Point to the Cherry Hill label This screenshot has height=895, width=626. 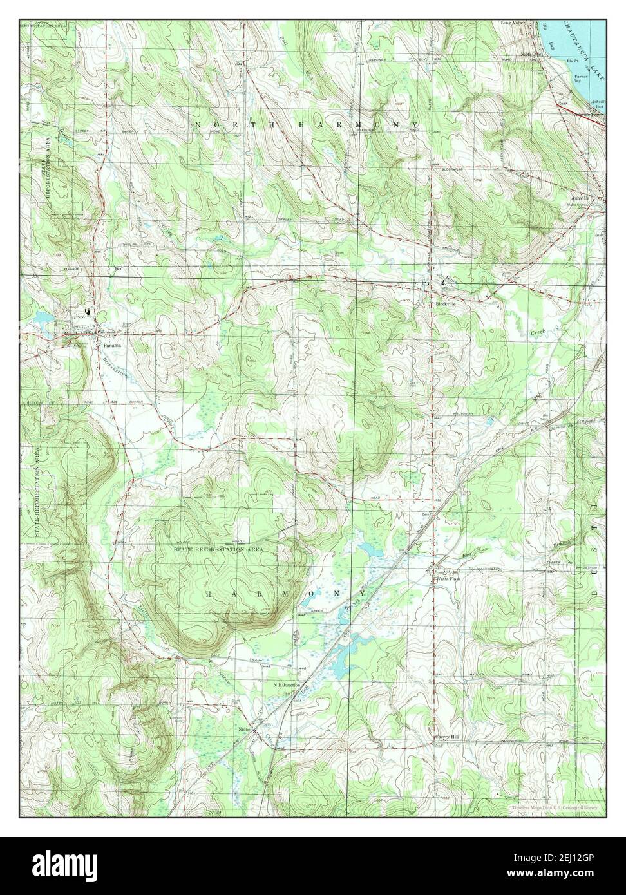(447, 737)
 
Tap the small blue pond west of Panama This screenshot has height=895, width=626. (43, 317)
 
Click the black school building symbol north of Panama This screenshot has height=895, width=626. (88, 312)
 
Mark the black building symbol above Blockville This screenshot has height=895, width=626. (443, 283)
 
